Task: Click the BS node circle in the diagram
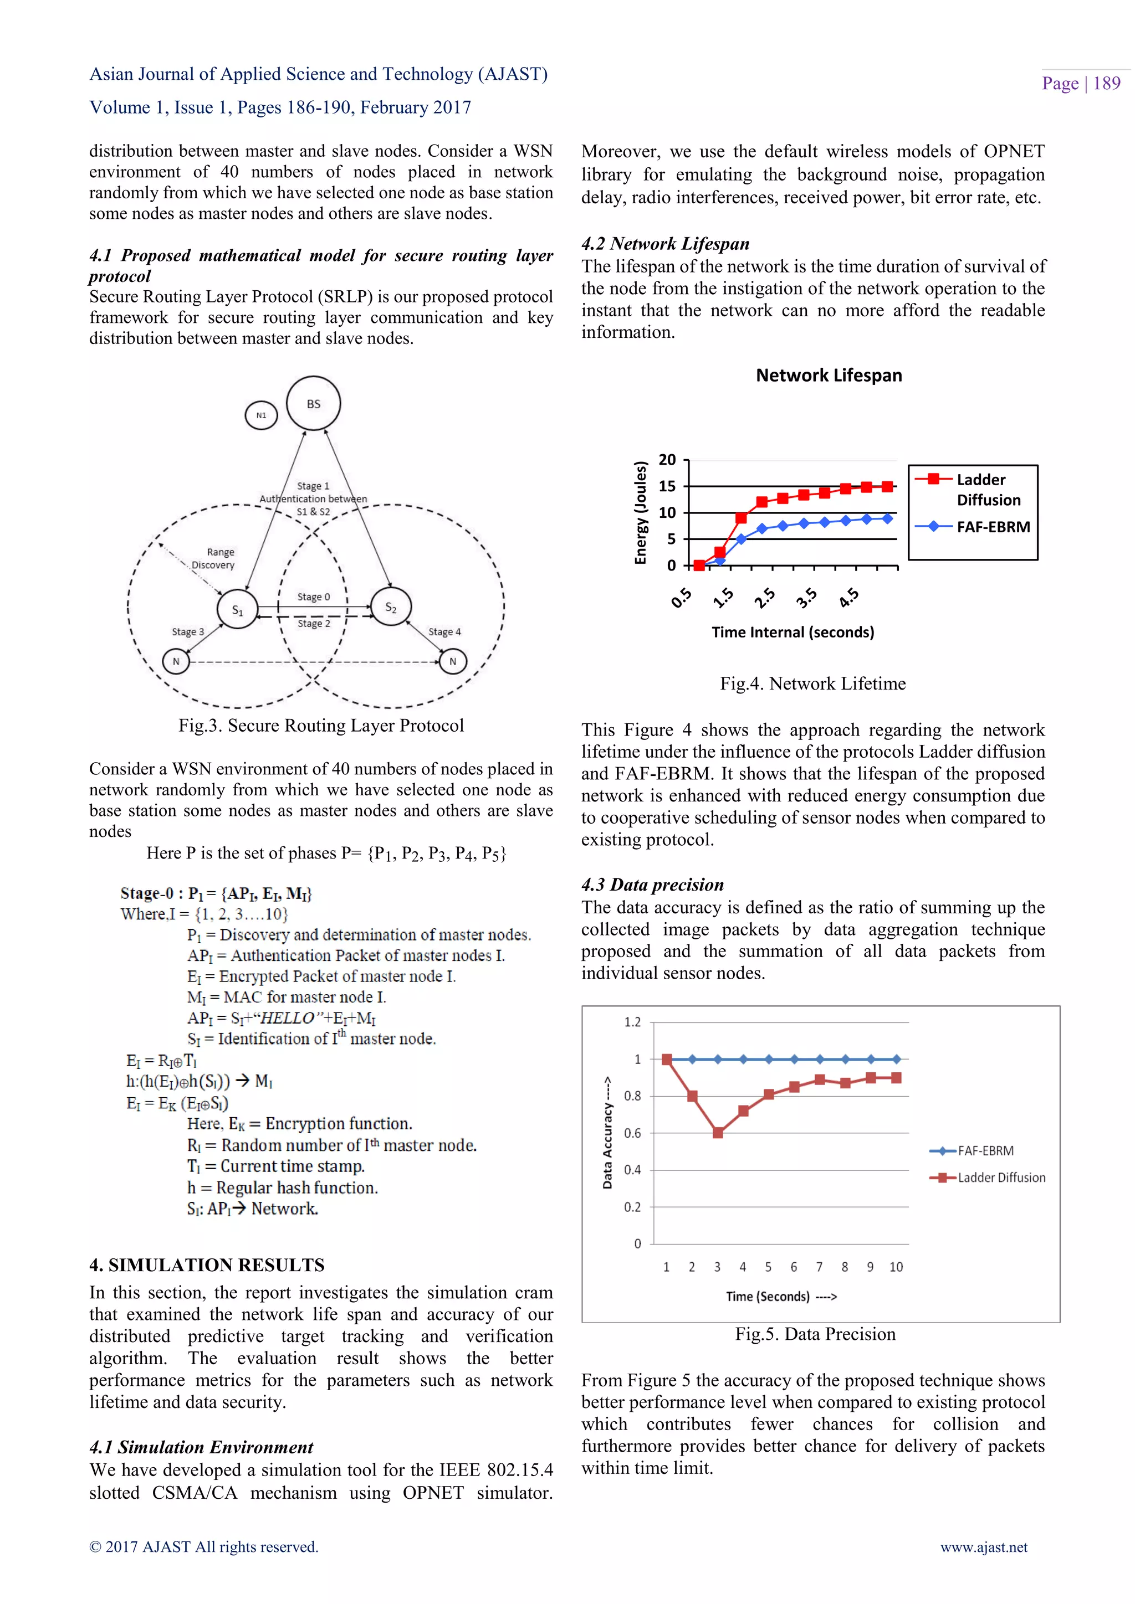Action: [x=313, y=404]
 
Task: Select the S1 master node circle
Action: [x=238, y=609]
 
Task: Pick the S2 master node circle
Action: [x=391, y=606]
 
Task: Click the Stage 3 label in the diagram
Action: [x=188, y=631]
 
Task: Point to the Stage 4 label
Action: [x=444, y=631]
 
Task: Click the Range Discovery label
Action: [x=214, y=558]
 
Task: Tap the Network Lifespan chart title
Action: [x=829, y=375]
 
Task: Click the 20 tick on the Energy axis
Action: [x=667, y=460]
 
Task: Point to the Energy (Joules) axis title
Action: [x=640, y=513]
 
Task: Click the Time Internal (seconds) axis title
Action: [x=793, y=632]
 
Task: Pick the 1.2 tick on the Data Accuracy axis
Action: [x=632, y=1022]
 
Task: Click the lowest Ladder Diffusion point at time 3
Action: [x=718, y=1133]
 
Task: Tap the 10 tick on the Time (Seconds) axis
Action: [x=896, y=1267]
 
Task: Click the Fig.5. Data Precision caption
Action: [x=815, y=1334]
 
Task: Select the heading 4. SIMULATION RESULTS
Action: [x=207, y=1264]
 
